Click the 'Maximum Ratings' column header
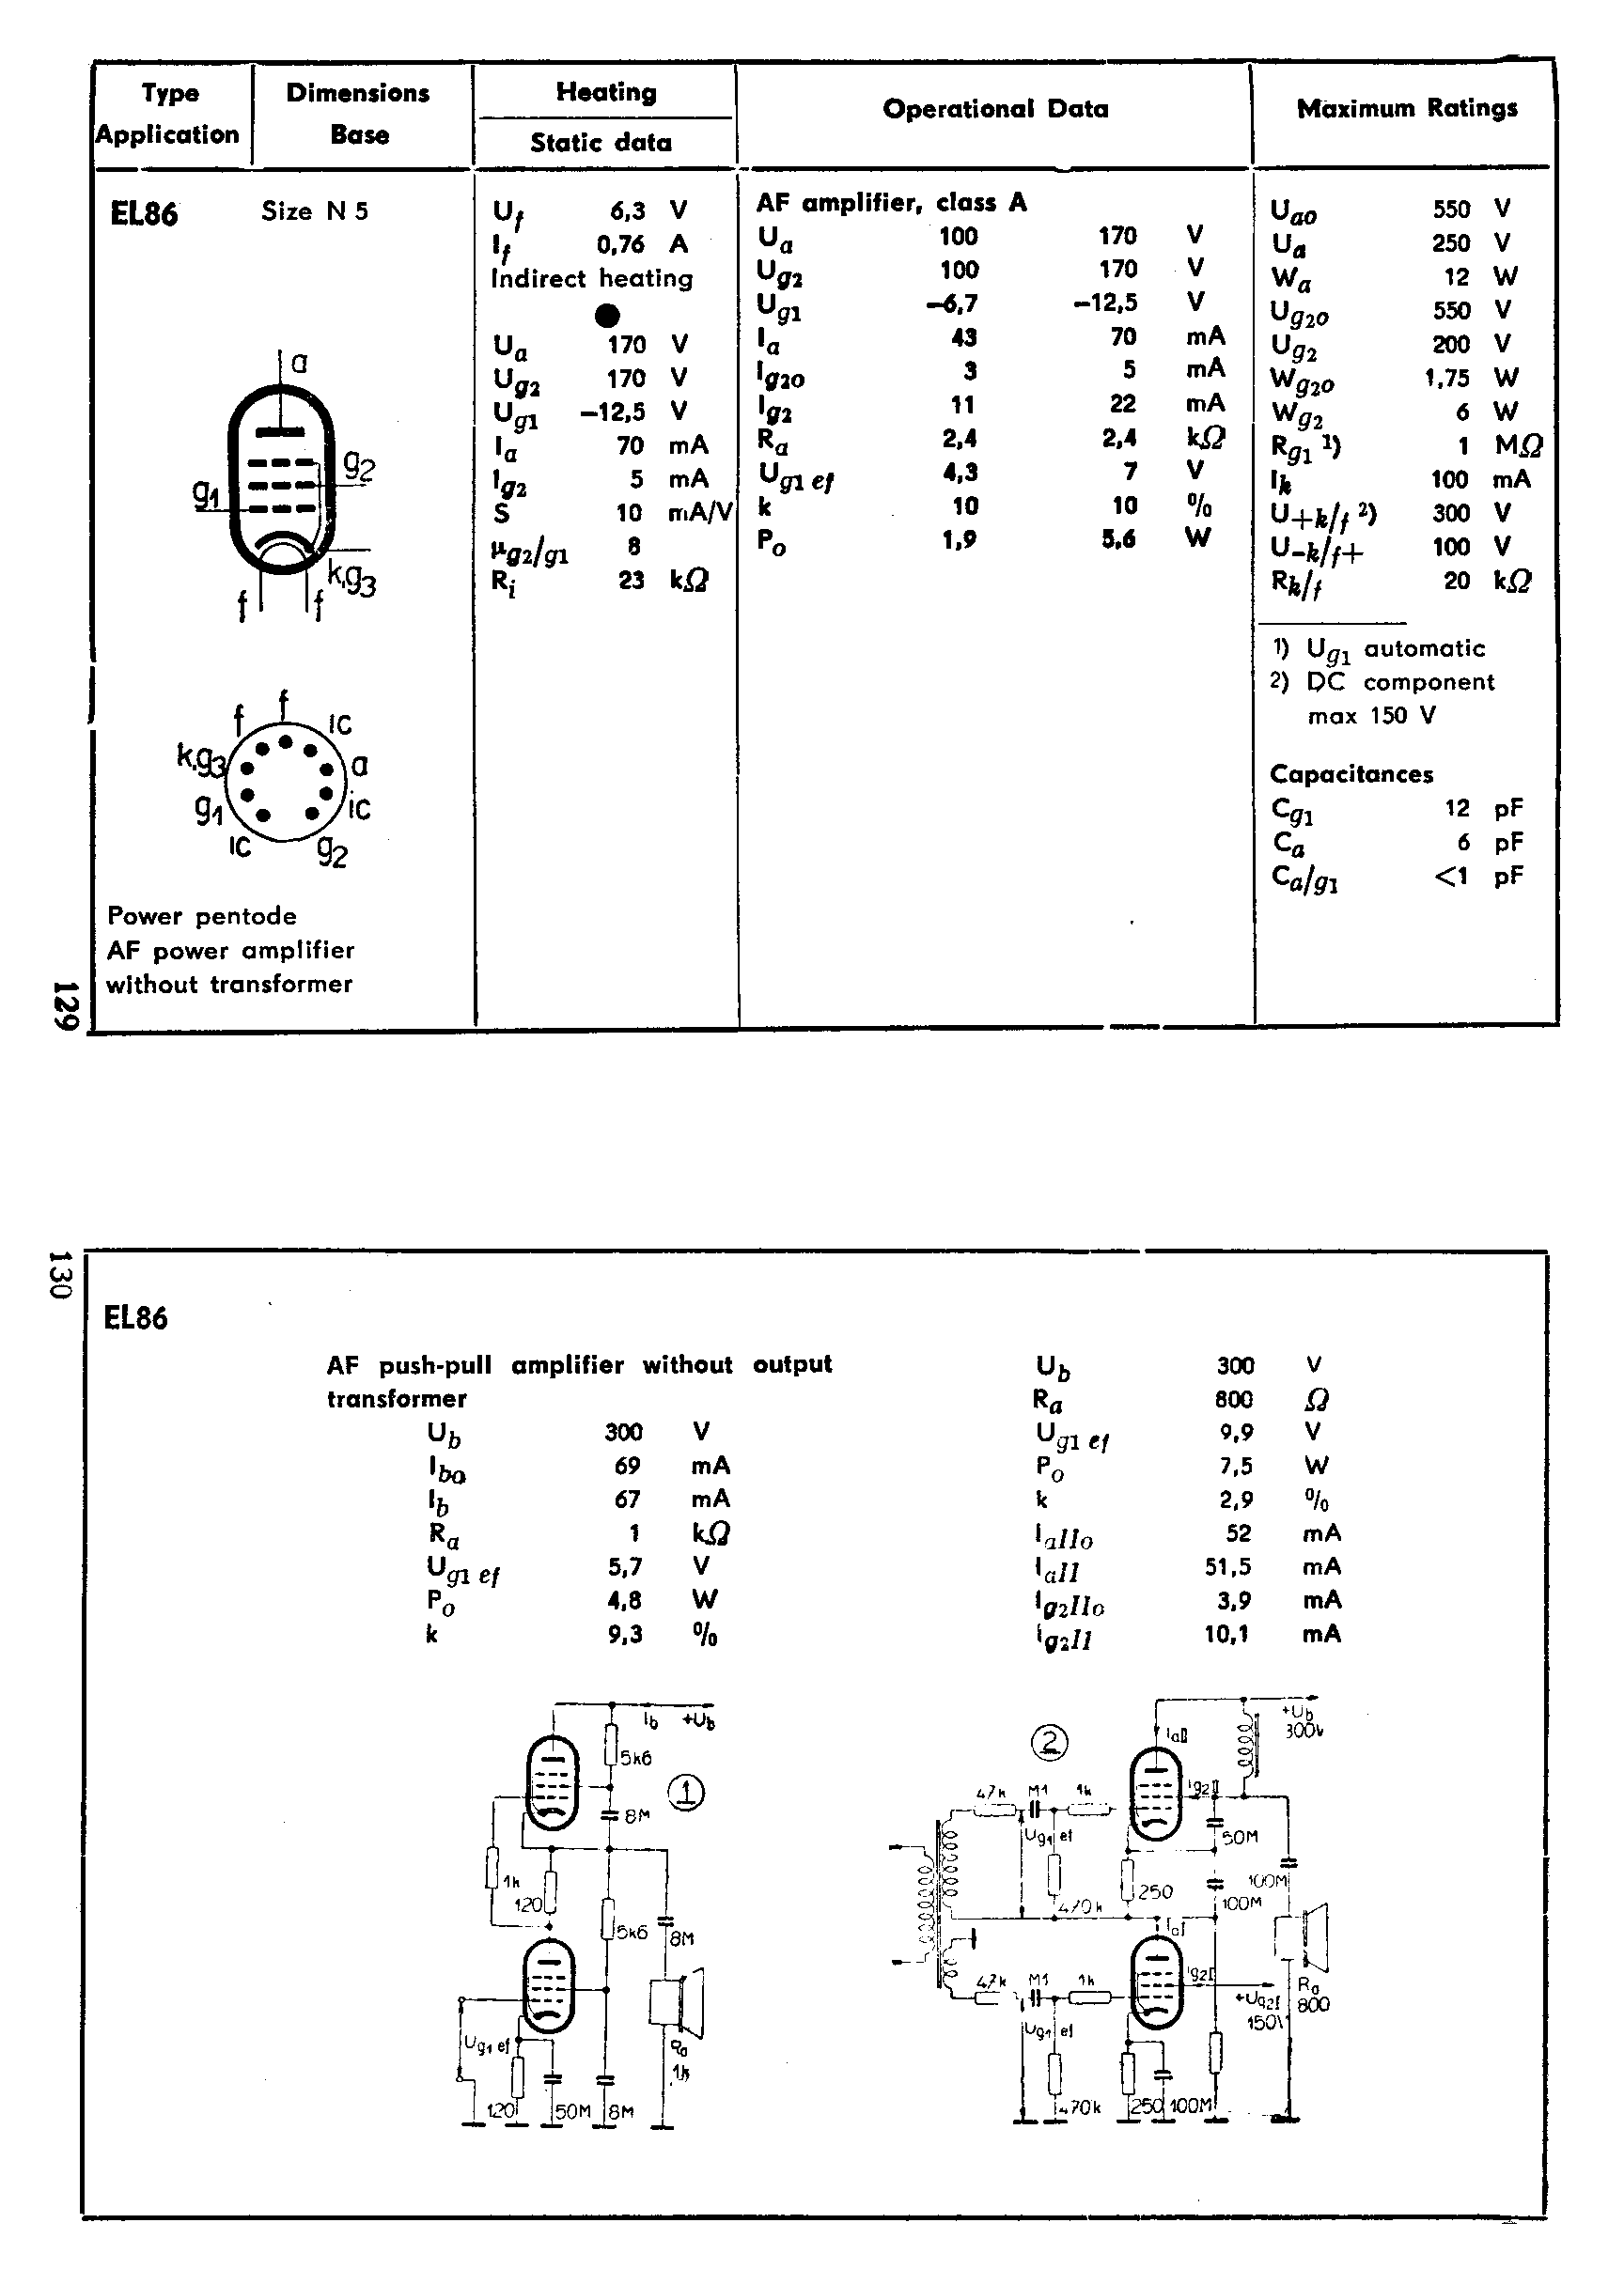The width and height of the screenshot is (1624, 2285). coord(1406,108)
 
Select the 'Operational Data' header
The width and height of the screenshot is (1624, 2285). coord(995,109)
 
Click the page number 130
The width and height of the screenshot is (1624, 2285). coord(59,1274)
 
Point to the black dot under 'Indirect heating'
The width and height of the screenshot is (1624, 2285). coord(607,316)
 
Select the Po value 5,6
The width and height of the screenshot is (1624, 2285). coord(1118,539)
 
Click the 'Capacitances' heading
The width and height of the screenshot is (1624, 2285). coord(1351,773)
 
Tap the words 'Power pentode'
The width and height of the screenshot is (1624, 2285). coord(202,916)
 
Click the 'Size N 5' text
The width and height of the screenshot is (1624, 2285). coord(315,210)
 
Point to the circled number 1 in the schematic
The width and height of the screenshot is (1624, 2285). coord(686,1794)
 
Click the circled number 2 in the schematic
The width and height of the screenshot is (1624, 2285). coord(1049,1743)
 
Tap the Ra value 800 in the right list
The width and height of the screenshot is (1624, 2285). coord(1233,1399)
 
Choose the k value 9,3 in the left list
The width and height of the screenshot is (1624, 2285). coord(624,1634)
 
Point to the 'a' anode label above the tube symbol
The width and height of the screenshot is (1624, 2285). coord(299,363)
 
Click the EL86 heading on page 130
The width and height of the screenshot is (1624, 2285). coord(136,1317)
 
